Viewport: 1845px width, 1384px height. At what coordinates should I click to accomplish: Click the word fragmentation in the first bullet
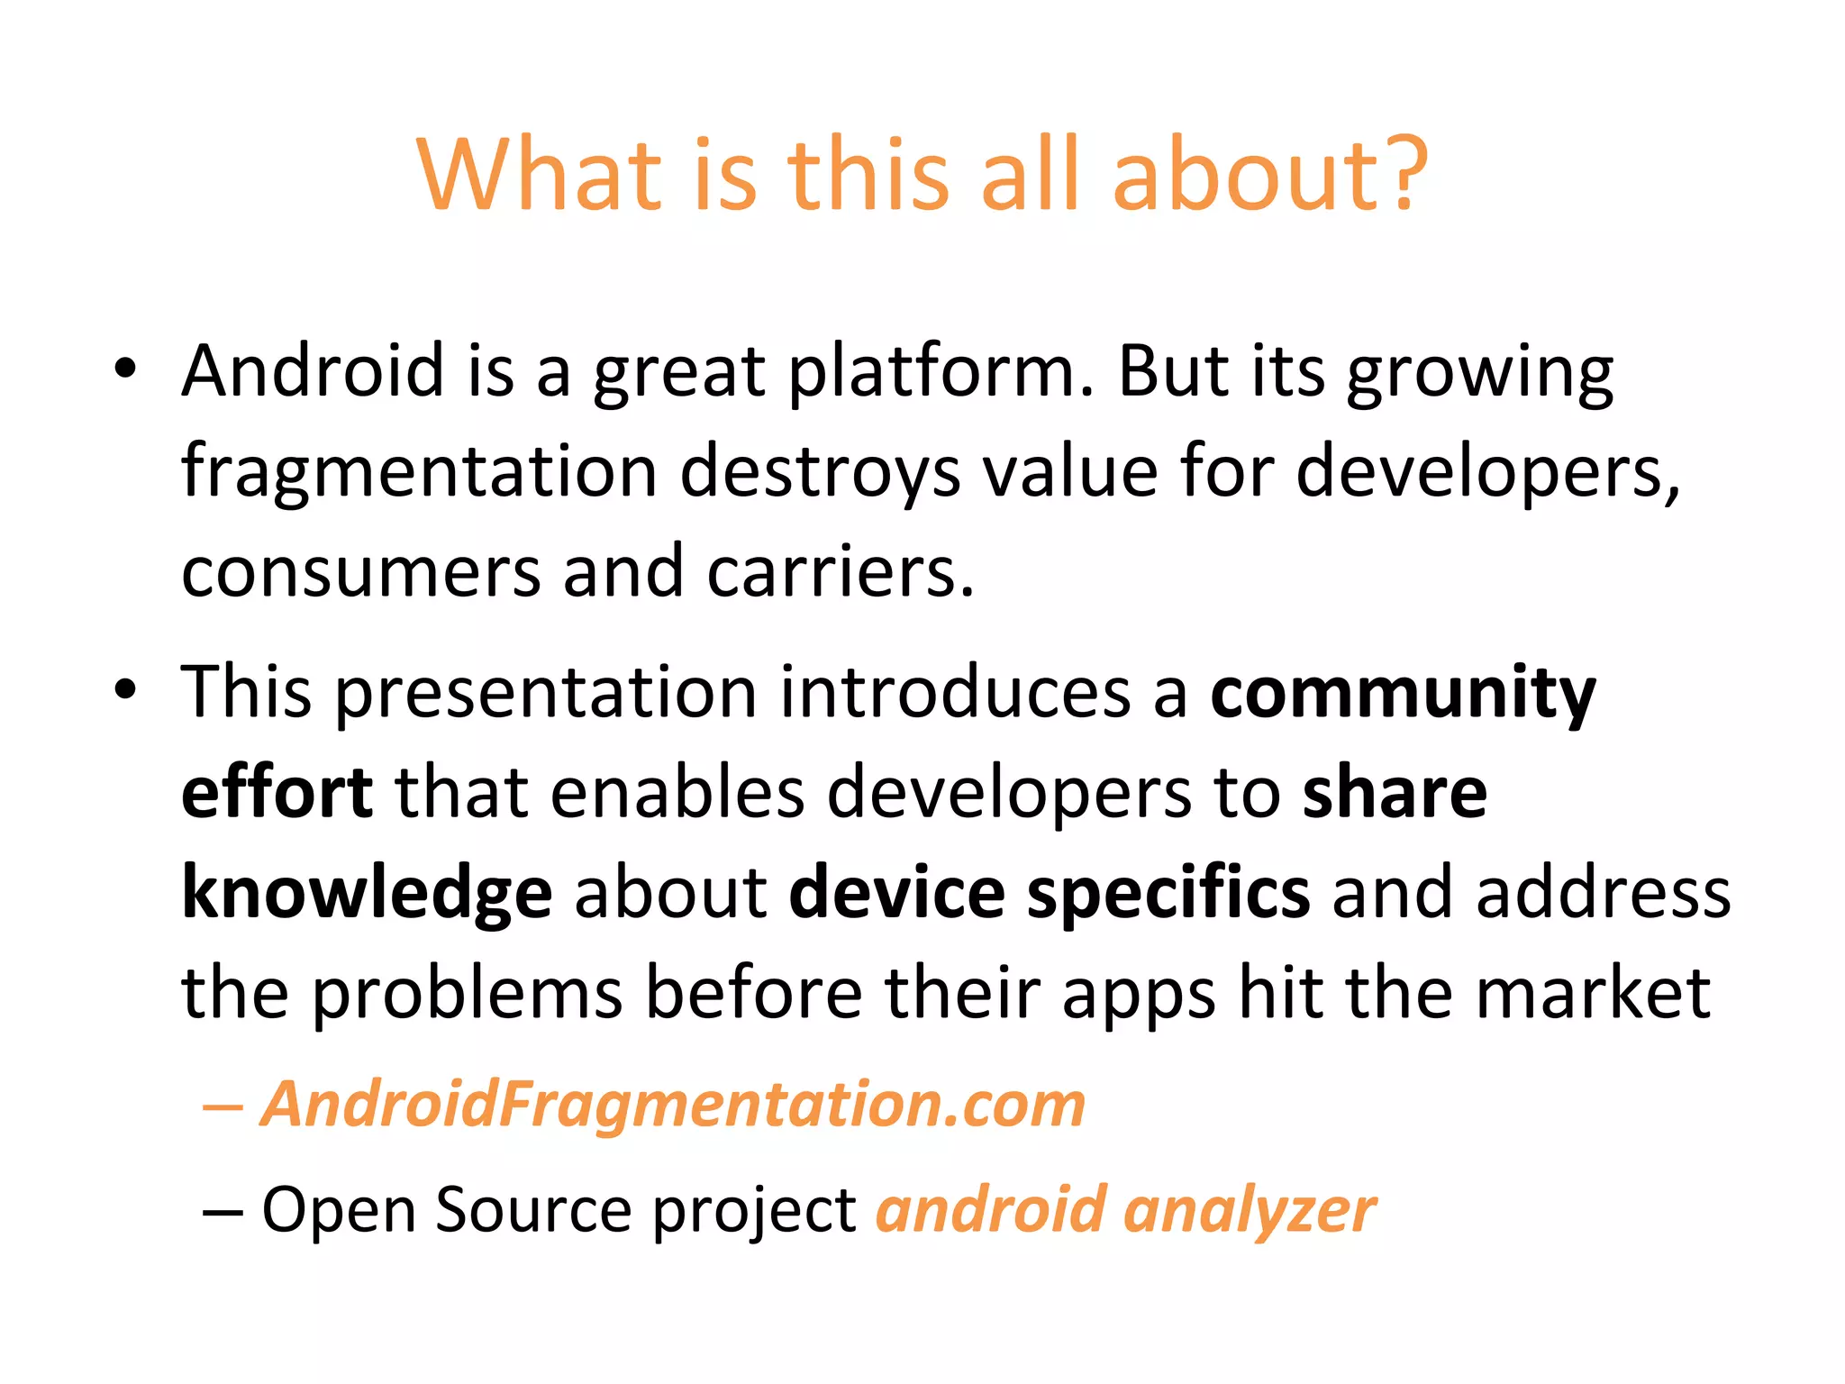(419, 472)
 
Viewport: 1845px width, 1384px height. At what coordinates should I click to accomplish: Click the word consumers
(360, 573)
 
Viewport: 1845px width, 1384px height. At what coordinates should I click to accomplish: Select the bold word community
(1403, 694)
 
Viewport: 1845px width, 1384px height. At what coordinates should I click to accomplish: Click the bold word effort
(277, 793)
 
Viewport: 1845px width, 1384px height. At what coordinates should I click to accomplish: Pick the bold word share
(1395, 793)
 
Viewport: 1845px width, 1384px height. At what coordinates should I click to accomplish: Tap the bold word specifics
(1168, 894)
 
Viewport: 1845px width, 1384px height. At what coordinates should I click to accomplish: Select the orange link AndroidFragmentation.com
(673, 1105)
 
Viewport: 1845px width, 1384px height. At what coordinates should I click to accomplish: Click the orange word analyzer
(1250, 1211)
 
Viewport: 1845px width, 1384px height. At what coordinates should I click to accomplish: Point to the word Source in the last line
(533, 1209)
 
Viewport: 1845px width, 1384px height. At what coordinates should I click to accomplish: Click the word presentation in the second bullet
(547, 694)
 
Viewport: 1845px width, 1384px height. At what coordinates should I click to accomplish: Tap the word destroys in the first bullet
(820, 472)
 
